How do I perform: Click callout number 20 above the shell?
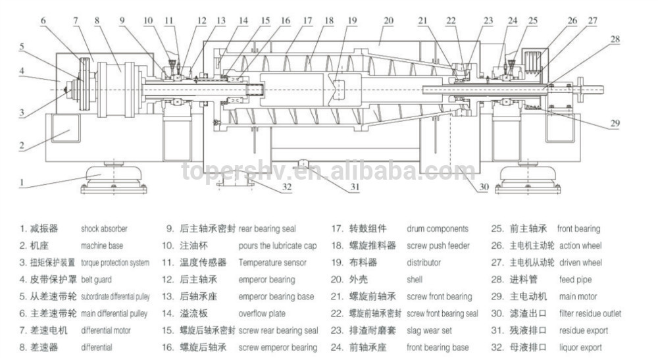coord(389,20)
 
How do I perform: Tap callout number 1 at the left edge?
coord(21,180)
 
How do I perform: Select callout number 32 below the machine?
coord(287,186)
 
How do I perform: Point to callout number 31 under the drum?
coord(355,187)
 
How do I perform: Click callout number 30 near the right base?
coord(484,187)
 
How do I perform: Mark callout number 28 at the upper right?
coord(615,39)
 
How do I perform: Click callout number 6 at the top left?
coord(43,20)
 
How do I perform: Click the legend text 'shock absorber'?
coord(104,229)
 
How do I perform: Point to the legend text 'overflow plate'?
coord(262,314)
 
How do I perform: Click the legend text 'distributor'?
coord(424,263)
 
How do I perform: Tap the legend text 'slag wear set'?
coord(429,330)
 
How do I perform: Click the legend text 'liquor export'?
coord(580,347)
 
